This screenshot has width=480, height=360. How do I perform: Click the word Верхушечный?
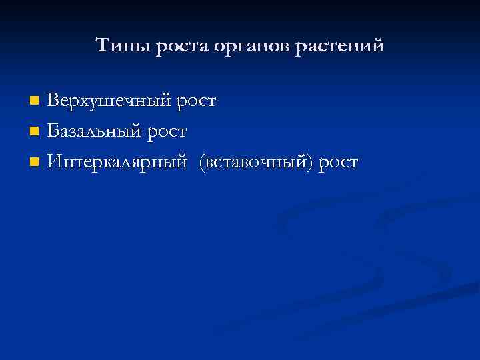[110, 101]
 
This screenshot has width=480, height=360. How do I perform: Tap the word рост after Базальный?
[167, 131]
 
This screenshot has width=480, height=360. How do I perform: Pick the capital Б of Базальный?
[53, 131]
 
